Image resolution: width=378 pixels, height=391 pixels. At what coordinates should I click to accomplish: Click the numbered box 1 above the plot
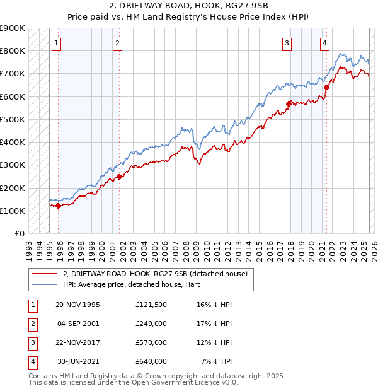(57, 44)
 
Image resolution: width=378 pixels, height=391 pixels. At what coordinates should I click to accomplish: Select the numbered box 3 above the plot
(287, 44)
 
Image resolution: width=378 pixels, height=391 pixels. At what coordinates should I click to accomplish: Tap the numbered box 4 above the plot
(324, 44)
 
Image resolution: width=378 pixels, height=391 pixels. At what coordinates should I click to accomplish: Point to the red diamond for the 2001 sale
(120, 177)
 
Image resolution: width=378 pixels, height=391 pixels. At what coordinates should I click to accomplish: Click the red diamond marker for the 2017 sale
(289, 103)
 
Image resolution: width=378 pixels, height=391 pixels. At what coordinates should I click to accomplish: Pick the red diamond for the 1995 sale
(59, 206)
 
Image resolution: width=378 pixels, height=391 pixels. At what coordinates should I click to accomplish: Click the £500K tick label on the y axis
(13, 119)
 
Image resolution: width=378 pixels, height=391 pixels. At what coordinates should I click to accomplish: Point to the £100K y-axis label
(13, 211)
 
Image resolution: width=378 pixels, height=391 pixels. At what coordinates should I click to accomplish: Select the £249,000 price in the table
(151, 324)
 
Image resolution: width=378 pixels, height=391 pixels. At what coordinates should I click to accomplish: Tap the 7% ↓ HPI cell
(217, 361)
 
